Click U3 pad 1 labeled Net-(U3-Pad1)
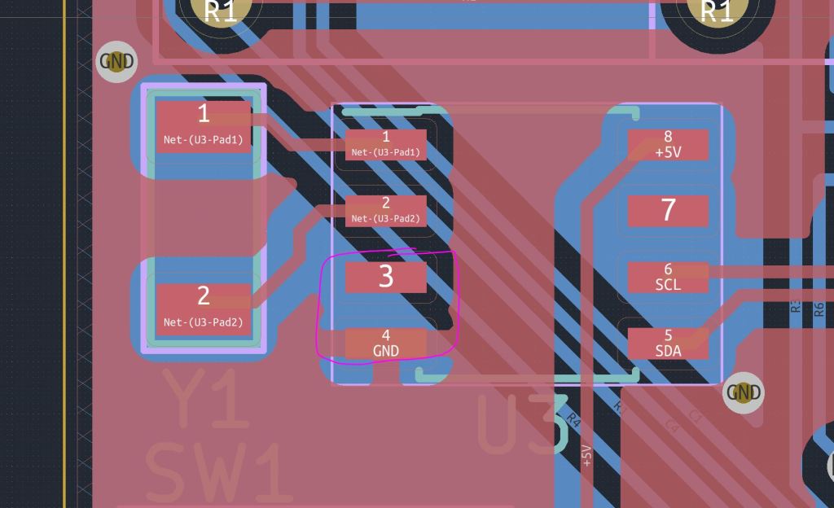385,144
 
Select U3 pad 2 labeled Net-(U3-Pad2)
385,211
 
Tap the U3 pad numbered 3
385,277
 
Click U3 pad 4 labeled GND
385,343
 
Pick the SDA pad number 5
668,343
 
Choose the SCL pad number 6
668,277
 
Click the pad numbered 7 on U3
668,211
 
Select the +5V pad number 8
668,144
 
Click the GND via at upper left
116,61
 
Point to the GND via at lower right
744,392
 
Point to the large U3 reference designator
521,424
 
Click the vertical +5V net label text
586,455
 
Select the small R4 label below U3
573,421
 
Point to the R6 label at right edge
819,309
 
